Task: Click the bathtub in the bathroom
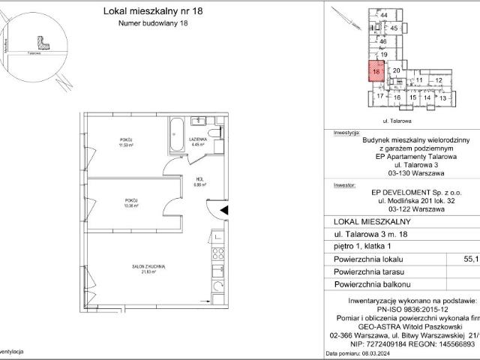(176, 133)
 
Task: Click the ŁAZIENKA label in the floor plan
(198, 142)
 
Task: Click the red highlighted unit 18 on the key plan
(376, 73)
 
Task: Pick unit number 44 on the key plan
(384, 15)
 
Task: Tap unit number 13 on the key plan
(442, 97)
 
